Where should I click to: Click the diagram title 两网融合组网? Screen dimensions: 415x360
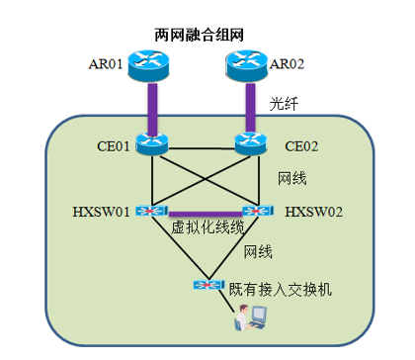point(200,35)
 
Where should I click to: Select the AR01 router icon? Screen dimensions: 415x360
point(148,65)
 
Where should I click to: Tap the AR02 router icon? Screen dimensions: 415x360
point(246,65)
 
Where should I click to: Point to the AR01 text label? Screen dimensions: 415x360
point(106,64)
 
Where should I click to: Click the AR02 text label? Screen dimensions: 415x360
point(287,64)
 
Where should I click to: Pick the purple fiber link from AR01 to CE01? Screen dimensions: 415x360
point(152,109)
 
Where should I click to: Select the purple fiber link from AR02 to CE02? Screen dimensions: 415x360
point(250,107)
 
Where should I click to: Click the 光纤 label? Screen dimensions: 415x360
point(284,104)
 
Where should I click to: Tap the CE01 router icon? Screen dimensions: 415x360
point(152,144)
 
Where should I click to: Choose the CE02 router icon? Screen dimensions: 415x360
point(251,143)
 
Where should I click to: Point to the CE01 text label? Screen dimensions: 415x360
point(114,146)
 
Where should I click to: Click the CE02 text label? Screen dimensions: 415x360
point(301,146)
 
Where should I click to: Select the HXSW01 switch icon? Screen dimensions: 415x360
point(152,211)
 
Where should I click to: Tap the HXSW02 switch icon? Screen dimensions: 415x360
point(258,211)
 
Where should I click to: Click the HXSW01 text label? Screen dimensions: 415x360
point(101,212)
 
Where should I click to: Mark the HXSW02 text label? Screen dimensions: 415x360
point(313,212)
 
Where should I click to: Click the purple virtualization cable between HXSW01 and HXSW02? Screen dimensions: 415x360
point(206,215)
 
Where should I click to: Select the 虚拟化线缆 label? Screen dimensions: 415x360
point(207,227)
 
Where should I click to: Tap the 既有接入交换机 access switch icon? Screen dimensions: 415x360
point(208,285)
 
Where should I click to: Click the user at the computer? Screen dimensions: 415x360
point(250,316)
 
